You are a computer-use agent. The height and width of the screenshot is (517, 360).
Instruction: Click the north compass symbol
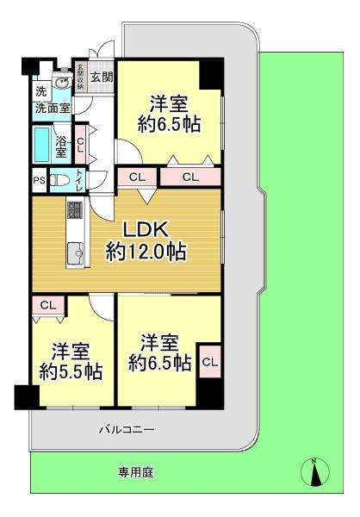(315, 471)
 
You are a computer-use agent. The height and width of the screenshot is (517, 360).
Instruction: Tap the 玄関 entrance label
(102, 78)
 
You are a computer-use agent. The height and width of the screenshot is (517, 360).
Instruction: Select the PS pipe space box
(40, 180)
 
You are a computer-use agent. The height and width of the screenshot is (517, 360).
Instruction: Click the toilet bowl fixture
(60, 180)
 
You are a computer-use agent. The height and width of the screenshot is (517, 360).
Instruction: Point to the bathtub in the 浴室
(42, 144)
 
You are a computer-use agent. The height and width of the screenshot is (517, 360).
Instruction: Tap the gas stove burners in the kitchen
(75, 209)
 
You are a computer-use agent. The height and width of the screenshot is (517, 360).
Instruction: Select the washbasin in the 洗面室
(62, 82)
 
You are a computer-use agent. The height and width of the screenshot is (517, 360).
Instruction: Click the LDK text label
(146, 229)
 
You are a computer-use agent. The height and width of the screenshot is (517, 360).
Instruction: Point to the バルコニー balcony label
(127, 430)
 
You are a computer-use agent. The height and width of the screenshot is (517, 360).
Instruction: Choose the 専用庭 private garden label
(136, 472)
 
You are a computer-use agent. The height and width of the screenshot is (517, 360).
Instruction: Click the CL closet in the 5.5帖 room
(48, 306)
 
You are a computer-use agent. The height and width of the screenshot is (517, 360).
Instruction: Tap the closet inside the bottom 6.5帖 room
(210, 362)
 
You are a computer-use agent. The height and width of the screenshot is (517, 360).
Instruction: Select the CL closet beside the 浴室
(80, 144)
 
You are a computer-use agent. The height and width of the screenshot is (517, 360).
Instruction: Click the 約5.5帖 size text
(71, 371)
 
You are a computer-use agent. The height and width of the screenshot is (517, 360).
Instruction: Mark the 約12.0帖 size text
(146, 252)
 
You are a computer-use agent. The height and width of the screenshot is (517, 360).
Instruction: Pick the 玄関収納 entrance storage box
(79, 77)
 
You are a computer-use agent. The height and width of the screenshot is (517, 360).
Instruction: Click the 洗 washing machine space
(41, 91)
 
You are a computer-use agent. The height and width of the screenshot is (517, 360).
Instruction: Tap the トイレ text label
(79, 180)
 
